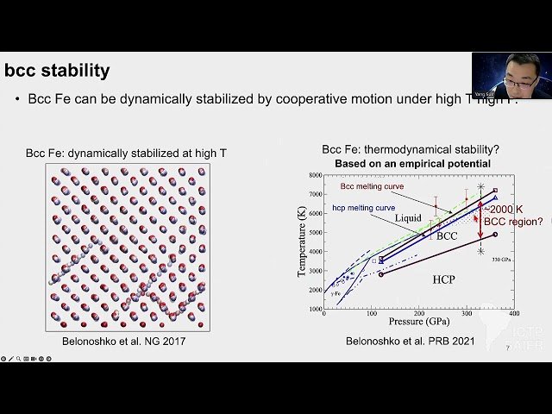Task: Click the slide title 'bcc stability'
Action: [57, 70]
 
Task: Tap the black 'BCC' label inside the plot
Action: [446, 235]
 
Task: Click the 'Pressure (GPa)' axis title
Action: [417, 322]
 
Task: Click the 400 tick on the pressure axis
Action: [514, 314]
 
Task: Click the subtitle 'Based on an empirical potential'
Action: [405, 163]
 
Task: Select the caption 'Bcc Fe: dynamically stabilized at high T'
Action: [126, 153]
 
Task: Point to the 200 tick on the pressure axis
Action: [419, 314]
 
